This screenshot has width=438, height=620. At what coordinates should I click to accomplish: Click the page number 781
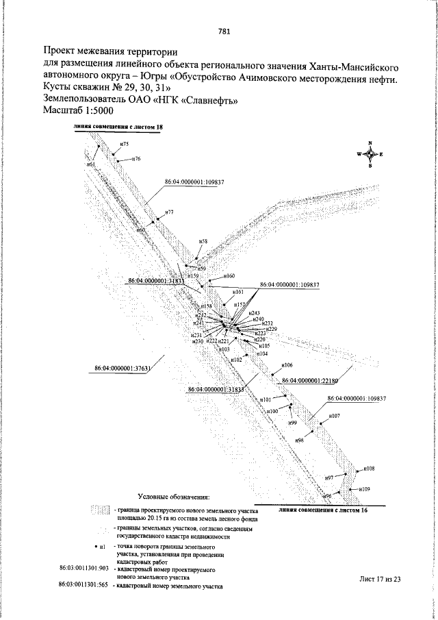pos(224,31)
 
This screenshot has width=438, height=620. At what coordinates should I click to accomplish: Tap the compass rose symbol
pos(370,154)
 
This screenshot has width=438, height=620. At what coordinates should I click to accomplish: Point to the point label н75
pos(124,144)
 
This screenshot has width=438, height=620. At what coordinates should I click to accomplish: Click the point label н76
pos(136,158)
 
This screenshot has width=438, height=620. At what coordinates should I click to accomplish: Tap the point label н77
pos(169,212)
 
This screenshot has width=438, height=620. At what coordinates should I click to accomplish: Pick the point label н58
pos(203,242)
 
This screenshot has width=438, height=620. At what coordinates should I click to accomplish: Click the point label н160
pos(229,275)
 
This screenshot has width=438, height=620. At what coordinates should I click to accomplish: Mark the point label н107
pos(335,416)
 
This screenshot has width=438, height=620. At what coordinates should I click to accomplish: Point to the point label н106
pos(287,365)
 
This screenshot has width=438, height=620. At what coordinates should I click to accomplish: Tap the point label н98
pos(299,439)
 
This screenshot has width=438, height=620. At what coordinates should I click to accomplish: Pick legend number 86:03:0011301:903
pos(85,569)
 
